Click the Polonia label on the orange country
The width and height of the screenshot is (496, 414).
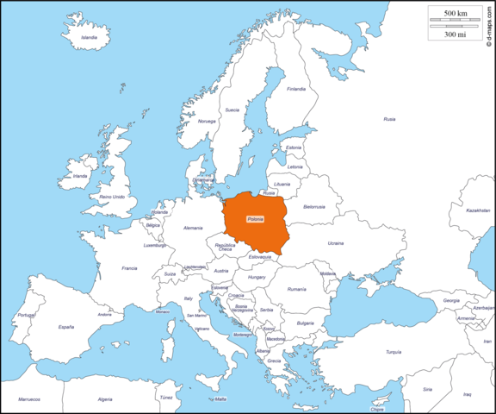[x=255, y=219]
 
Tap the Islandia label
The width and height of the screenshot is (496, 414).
[x=89, y=37]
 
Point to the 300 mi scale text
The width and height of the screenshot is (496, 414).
[x=456, y=34]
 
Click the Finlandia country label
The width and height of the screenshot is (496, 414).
[x=296, y=88]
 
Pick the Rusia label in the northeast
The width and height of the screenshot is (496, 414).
[x=389, y=119]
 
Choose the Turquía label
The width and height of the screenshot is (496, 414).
[x=394, y=352]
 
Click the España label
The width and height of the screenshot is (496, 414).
[x=66, y=327]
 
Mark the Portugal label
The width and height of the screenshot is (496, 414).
[x=27, y=315]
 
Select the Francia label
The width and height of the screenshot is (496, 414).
[x=129, y=268]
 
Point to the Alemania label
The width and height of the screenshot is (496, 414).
[x=193, y=228]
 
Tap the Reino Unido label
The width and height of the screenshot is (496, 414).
[x=112, y=197]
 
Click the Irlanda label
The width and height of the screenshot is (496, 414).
[x=80, y=176]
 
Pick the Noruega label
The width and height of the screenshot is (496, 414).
[x=207, y=121]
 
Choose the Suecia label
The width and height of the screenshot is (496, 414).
[x=232, y=110]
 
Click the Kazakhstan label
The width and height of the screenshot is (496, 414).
[x=478, y=210]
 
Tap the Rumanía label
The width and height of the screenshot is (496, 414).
[x=297, y=289]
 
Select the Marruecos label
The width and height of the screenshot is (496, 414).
[x=30, y=399]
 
